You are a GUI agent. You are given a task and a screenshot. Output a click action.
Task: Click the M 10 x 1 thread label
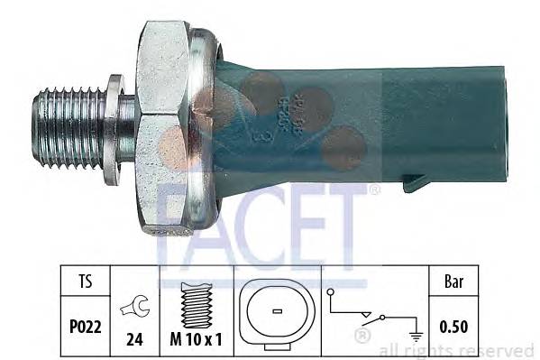tap(196, 340)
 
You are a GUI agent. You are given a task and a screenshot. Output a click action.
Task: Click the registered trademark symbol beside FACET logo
tap(375, 190)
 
